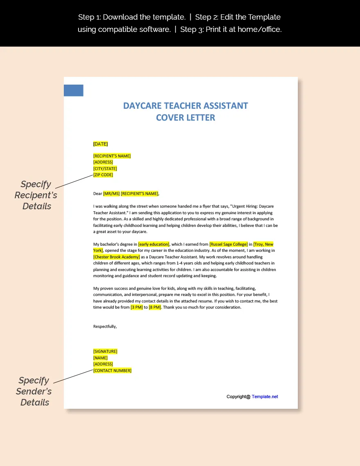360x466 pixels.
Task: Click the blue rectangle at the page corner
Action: pyautogui.click(x=74, y=90)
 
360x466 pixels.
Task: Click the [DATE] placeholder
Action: pyautogui.click(x=101, y=144)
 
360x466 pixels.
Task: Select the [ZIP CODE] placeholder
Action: pyautogui.click(x=103, y=175)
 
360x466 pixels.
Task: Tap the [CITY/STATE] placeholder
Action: pyautogui.click(x=105, y=168)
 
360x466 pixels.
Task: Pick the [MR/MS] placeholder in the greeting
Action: pyautogui.click(x=111, y=194)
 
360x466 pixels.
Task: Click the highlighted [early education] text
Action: pyautogui.click(x=153, y=244)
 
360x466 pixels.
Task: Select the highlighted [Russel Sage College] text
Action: pyautogui.click(x=228, y=244)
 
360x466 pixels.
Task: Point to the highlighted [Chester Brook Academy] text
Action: pyautogui.click(x=117, y=257)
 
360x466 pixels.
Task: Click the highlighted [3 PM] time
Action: pyautogui.click(x=137, y=307)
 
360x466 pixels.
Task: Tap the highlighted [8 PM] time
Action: pyautogui.click(x=155, y=307)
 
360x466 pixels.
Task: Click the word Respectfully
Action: pyautogui.click(x=105, y=326)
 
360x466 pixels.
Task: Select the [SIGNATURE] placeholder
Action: pyautogui.click(x=105, y=352)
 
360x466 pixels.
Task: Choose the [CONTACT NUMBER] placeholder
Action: pyautogui.click(x=112, y=371)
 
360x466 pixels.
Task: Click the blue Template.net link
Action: pyautogui.click(x=265, y=397)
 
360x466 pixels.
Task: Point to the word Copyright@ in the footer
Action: pyautogui.click(x=239, y=397)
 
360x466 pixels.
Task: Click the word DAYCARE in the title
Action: pyautogui.click(x=142, y=106)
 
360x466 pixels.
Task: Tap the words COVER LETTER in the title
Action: pyautogui.click(x=185, y=118)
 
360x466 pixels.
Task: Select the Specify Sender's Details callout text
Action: pyautogui.click(x=34, y=391)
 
